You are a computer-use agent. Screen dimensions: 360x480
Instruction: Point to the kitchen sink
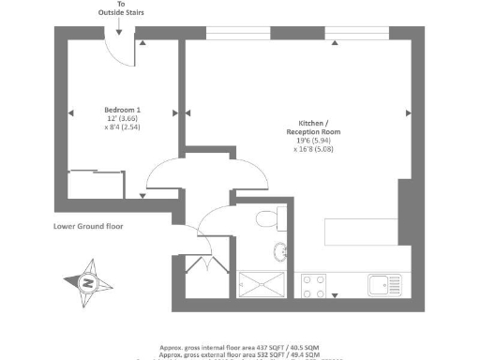coord(383,283)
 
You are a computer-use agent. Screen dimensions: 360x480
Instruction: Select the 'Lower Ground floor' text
coord(89,226)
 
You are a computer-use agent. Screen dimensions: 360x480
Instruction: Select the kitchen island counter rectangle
coord(359,231)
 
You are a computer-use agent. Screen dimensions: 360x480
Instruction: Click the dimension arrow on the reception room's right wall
coord(408,112)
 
